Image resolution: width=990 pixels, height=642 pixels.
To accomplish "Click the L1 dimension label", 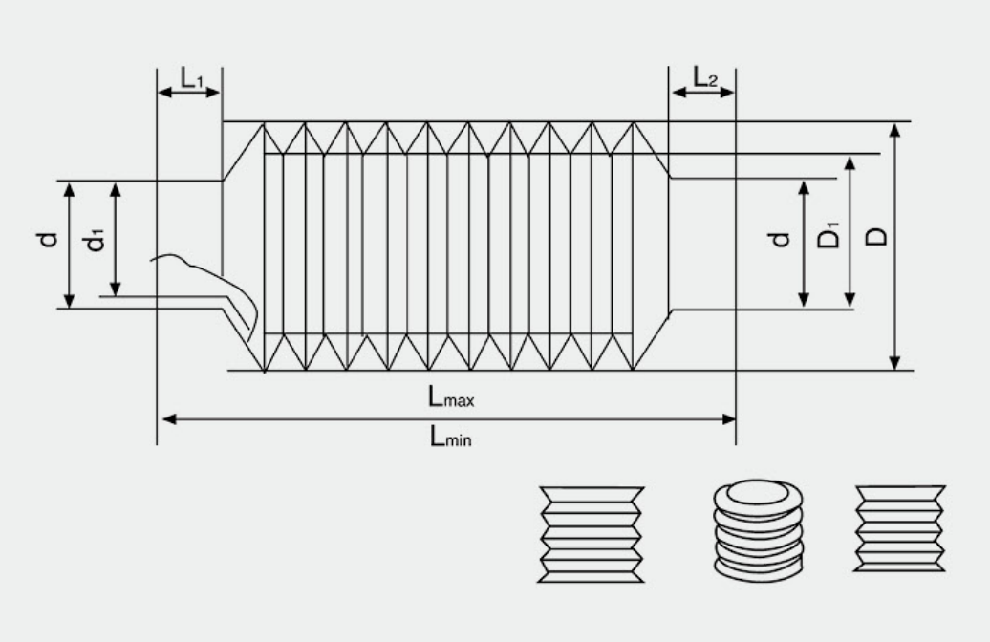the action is (192, 78).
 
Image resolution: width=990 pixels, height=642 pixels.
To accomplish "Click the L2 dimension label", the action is (705, 77).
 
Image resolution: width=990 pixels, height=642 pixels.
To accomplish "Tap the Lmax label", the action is (451, 397).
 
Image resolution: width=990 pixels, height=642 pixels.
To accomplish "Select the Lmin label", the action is (450, 437).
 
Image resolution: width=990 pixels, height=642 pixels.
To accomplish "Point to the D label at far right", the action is (875, 236).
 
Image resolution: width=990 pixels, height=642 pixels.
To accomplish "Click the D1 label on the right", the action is (829, 235).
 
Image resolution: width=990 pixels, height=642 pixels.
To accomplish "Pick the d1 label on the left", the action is (95, 239).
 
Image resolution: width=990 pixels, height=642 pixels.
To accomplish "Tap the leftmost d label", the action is (48, 239).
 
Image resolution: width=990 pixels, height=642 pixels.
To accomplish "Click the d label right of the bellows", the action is (779, 239).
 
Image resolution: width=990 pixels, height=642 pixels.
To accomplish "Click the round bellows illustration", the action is (759, 530).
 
